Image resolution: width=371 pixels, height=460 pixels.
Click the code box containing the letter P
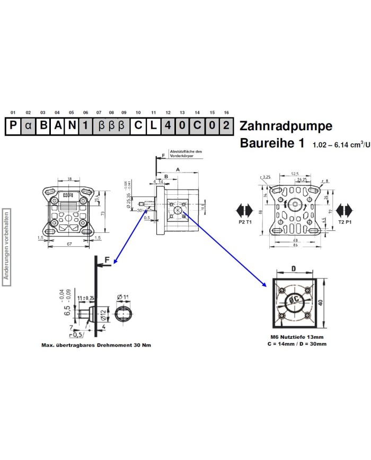coord(13,127)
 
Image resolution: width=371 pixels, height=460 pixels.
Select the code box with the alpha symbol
coord(29,127)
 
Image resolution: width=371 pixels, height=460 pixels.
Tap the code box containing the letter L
coord(153,127)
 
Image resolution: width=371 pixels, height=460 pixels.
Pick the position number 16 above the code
coord(226,113)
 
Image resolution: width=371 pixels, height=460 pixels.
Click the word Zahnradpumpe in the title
coord(286,127)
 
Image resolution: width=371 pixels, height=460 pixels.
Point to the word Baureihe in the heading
coord(269,143)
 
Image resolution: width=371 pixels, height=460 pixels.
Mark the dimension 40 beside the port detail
coord(320,303)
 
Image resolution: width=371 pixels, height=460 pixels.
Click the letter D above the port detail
coord(293,268)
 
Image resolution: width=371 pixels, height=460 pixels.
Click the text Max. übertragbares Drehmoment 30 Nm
coord(96,345)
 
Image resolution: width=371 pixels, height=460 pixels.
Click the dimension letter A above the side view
coord(178,168)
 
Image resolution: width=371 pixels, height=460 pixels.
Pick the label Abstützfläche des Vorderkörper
coord(185,154)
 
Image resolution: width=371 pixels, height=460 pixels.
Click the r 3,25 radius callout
coord(266,177)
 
